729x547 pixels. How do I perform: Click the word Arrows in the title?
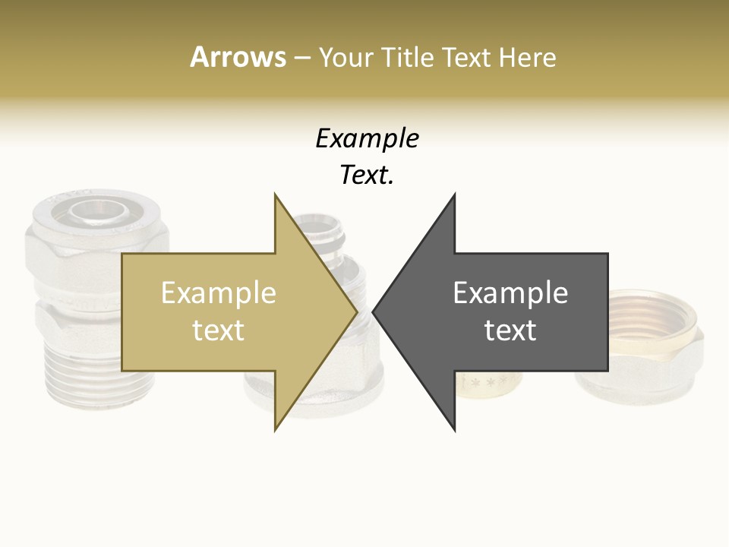click(x=238, y=57)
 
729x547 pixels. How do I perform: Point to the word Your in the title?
click(x=345, y=57)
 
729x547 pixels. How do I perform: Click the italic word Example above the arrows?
click(x=367, y=139)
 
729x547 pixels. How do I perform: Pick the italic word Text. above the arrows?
click(x=367, y=175)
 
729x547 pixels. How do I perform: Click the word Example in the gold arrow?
click(x=218, y=293)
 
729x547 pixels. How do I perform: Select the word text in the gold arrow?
click(x=218, y=330)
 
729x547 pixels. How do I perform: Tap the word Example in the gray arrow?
click(x=510, y=293)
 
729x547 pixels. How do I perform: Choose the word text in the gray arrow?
click(x=510, y=330)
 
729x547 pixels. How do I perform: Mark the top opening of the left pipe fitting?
click(x=97, y=210)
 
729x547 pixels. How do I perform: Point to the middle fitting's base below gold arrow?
click(x=258, y=391)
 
